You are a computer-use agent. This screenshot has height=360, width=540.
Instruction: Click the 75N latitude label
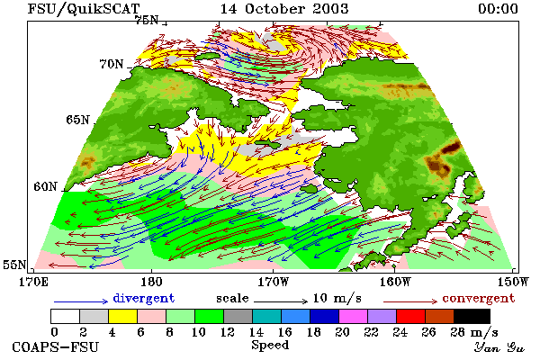147,21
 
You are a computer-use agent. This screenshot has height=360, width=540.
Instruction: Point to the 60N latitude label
45,186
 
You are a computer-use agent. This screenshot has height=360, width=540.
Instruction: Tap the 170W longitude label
274,282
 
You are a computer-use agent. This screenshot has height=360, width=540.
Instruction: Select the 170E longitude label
33,282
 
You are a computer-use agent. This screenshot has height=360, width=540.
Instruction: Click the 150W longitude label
513,282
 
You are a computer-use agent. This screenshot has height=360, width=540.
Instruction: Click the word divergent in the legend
144,298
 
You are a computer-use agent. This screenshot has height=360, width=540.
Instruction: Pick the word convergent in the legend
479,298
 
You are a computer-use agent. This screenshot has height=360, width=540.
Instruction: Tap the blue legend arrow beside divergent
81,301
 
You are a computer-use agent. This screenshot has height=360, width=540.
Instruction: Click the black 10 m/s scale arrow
281,301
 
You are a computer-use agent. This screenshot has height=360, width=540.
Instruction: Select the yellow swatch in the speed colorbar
122,316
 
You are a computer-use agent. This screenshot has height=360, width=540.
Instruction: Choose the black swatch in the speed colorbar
472,316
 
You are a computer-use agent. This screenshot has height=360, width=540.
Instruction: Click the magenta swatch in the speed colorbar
354,316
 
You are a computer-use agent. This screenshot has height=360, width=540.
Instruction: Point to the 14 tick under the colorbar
256,332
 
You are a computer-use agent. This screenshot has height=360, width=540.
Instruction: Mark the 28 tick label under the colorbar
457,332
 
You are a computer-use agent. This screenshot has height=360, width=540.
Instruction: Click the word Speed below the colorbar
270,346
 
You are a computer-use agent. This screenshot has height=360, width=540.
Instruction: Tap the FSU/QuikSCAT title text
84,9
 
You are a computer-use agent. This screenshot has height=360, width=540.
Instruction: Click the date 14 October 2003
284,9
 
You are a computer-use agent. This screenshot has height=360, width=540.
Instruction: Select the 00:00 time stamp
498,9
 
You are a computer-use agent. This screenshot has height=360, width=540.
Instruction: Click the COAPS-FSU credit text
56,346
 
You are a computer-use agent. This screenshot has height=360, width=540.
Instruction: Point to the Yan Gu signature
499,347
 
